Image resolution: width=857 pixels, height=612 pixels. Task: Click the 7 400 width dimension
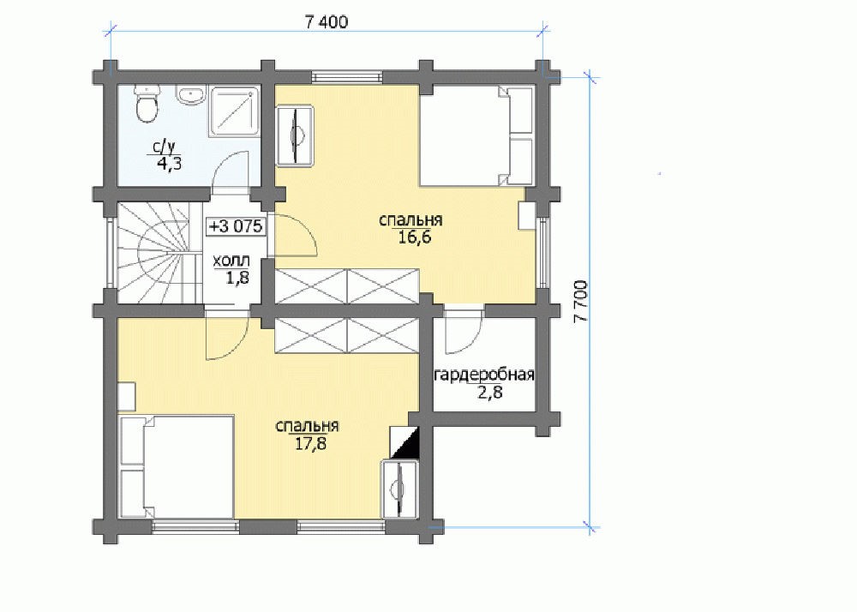coord(326,22)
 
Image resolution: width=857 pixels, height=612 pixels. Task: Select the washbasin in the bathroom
coord(190,94)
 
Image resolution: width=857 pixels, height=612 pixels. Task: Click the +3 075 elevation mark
coord(237,225)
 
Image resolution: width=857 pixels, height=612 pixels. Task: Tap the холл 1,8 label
coord(231,268)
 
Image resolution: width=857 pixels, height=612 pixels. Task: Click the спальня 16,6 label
coord(411,228)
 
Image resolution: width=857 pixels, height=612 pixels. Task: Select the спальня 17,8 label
coord(308,435)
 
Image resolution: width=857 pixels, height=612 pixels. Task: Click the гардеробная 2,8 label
coord(484,384)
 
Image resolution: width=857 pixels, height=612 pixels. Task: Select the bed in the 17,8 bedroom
coord(177,466)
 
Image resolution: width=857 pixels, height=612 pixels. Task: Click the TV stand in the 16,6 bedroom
coord(295,135)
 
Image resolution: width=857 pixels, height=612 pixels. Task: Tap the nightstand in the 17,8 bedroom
coord(127,397)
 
